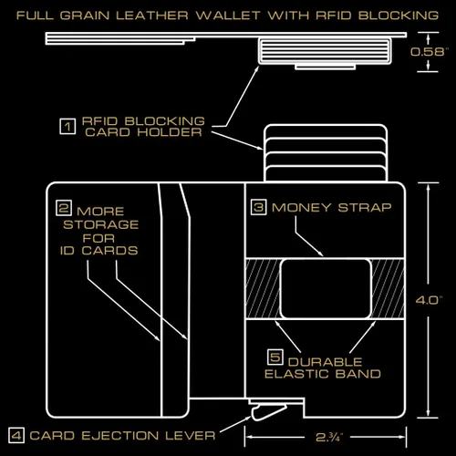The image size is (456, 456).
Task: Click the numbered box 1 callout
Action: (67, 126)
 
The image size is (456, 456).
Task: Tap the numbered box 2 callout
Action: (64, 208)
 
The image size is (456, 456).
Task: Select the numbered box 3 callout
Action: (259, 207)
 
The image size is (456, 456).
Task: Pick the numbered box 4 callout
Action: (16, 436)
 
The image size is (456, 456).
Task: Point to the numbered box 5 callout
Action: (275, 357)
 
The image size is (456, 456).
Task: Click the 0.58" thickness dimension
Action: (430, 52)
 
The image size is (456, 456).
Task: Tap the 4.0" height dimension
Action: (429, 300)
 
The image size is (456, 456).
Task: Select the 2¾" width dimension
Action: (329, 437)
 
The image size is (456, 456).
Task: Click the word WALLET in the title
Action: (228, 16)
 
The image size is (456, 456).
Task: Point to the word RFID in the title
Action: (334, 16)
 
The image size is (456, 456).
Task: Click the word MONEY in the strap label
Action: (301, 208)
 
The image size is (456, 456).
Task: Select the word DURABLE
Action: (325, 362)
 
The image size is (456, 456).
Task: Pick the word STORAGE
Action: (100, 224)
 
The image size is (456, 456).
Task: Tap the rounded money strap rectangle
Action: (326, 289)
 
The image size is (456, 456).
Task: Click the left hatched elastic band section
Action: (263, 289)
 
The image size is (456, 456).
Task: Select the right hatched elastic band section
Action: (388, 289)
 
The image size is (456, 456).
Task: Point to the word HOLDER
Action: (170, 132)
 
